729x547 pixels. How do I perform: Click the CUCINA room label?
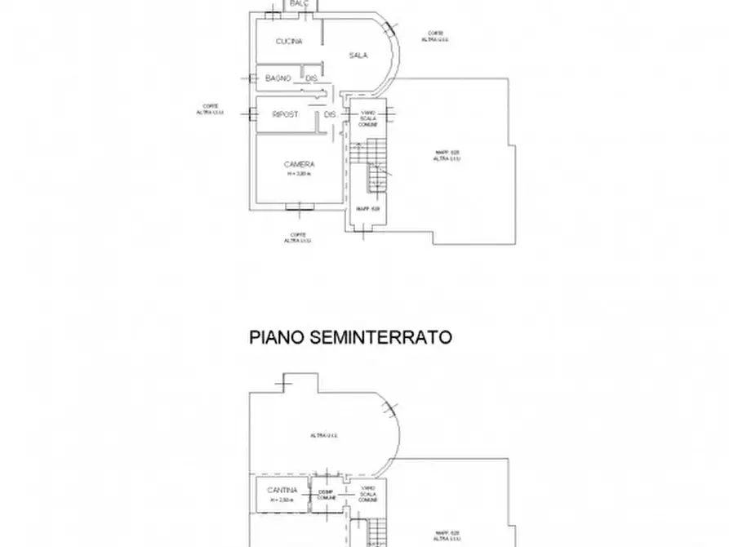pyautogui.click(x=289, y=42)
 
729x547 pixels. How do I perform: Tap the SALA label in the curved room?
pyautogui.click(x=358, y=56)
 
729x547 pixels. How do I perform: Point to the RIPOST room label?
pyautogui.click(x=285, y=115)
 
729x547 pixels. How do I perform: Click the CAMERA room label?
pyautogui.click(x=300, y=164)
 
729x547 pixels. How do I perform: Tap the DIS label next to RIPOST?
pyautogui.click(x=330, y=115)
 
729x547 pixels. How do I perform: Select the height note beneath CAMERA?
pyautogui.click(x=300, y=174)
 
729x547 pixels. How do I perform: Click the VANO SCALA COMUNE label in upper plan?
pyautogui.click(x=368, y=118)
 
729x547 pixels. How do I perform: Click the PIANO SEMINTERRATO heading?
pyautogui.click(x=350, y=336)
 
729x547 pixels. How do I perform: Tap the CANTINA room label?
pyautogui.click(x=281, y=491)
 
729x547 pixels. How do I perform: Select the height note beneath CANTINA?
pyautogui.click(x=281, y=500)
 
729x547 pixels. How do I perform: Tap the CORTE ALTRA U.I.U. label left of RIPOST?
pyautogui.click(x=211, y=109)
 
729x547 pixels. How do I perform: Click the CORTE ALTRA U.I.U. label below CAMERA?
pyautogui.click(x=297, y=238)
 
